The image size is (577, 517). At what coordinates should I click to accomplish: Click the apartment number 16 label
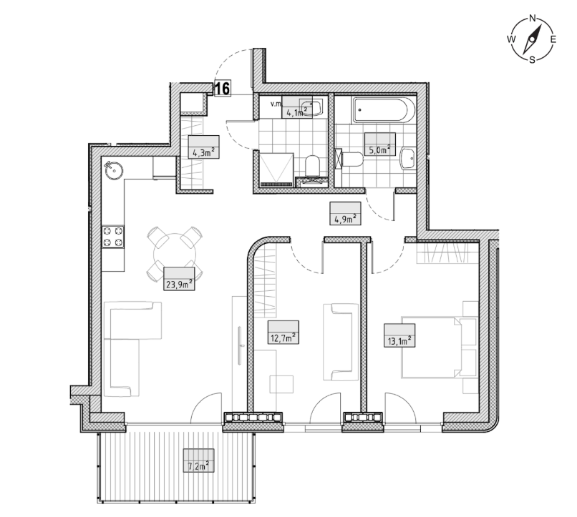[x=222, y=89]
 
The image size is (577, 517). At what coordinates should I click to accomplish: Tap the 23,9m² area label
[x=179, y=279]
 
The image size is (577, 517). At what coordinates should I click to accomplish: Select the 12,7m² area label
[x=283, y=333]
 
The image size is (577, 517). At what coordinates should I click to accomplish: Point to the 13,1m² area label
[x=399, y=335]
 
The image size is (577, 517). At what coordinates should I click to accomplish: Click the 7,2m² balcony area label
[x=199, y=461]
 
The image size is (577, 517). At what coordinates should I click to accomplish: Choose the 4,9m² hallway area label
[x=345, y=213]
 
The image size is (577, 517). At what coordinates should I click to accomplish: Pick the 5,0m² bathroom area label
[x=379, y=144]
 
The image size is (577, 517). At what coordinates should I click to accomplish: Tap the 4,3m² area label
[x=204, y=147]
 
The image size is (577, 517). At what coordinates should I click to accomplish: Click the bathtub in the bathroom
[x=384, y=110]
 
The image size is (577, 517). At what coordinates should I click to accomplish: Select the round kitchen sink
[x=114, y=170]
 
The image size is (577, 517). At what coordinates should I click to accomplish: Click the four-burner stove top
[x=113, y=237]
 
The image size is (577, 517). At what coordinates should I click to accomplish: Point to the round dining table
[x=175, y=255]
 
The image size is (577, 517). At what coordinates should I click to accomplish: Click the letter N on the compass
[x=532, y=18]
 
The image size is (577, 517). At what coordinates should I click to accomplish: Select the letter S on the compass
[x=532, y=60]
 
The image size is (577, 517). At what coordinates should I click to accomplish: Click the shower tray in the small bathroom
[x=276, y=169]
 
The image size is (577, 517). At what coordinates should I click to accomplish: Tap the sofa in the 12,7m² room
[x=340, y=342]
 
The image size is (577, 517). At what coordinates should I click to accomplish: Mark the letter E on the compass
[x=553, y=39]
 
